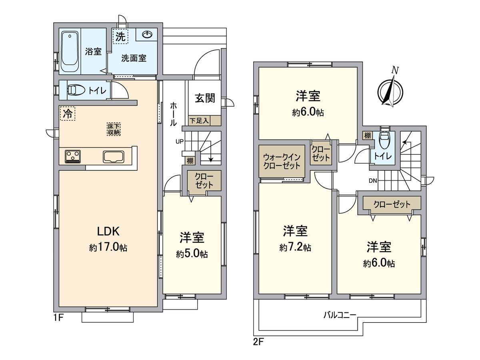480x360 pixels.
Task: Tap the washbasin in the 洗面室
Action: click(148, 34)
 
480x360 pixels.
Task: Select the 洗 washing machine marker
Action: click(120, 36)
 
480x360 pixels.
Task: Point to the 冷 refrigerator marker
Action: click(68, 114)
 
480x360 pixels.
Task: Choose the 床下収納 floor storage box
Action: click(114, 129)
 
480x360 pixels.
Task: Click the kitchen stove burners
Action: click(73, 156)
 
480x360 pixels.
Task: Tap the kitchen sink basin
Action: click(114, 157)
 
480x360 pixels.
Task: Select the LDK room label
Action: click(108, 231)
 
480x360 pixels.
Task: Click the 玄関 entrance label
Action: click(205, 98)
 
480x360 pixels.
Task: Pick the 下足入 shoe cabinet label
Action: click(199, 121)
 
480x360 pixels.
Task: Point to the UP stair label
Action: click(180, 142)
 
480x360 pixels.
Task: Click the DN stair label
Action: click(373, 181)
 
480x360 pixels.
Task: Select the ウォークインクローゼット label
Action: click(282, 161)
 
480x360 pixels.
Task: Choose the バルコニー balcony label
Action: click(340, 315)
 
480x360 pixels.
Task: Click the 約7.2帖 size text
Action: click(296, 248)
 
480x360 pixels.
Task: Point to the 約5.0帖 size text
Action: click(192, 254)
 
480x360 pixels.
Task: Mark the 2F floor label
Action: click(258, 342)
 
